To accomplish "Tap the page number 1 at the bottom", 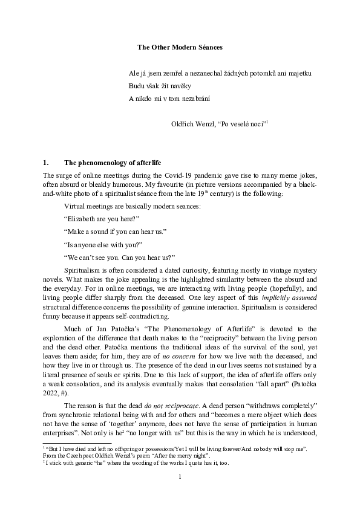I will coord(180,494).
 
